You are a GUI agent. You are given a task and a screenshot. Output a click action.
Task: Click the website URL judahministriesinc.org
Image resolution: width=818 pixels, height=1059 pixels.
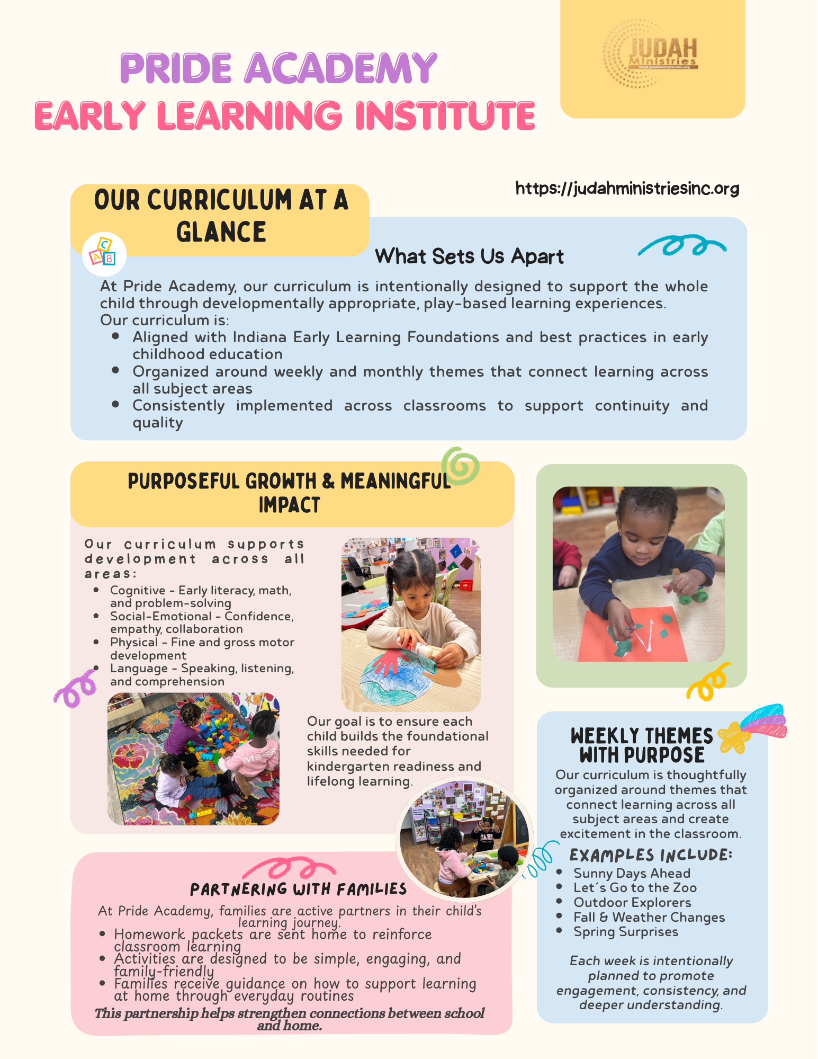click(x=627, y=188)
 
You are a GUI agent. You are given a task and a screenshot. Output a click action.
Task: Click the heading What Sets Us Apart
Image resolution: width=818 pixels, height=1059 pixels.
click(x=469, y=256)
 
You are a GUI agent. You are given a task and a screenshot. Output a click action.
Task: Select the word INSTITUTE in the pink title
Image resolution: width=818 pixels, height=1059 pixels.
click(x=445, y=116)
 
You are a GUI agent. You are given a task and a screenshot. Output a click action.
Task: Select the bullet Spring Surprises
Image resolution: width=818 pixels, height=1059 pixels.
click(x=625, y=932)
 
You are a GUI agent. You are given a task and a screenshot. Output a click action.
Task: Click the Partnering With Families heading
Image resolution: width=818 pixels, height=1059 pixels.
click(x=298, y=889)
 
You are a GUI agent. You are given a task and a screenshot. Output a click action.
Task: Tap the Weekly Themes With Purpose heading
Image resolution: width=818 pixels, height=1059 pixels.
click(x=642, y=745)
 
